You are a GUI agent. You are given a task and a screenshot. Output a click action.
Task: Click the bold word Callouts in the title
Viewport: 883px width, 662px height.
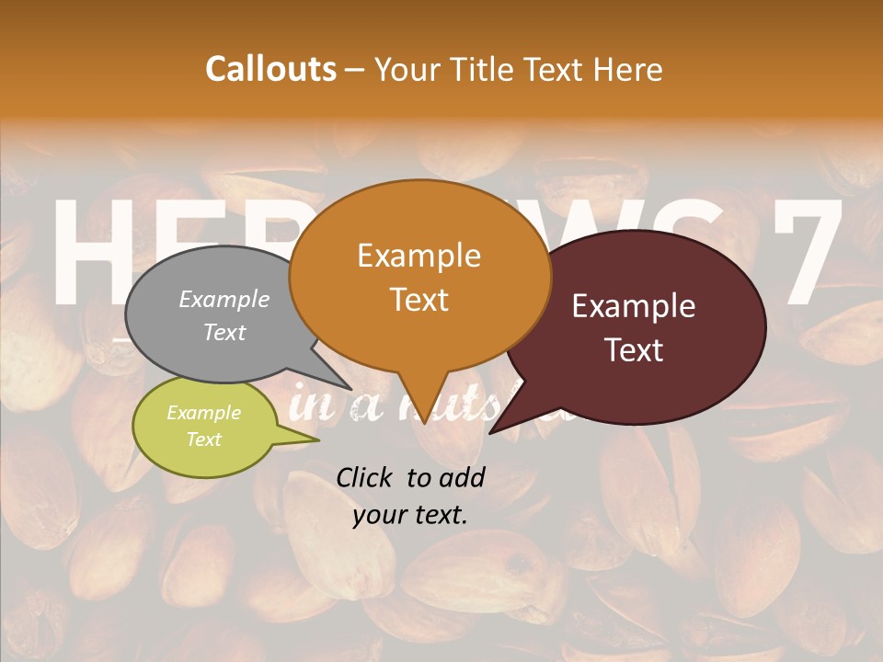pos(270,69)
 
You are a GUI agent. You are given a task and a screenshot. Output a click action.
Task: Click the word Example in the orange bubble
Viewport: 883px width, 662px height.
pos(419,256)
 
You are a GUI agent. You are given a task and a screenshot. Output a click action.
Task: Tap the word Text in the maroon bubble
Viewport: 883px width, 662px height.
pos(635,350)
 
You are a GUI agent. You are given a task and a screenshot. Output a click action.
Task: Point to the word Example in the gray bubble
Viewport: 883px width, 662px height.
pos(224,299)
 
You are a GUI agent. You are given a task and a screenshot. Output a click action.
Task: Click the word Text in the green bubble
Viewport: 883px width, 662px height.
pos(203,439)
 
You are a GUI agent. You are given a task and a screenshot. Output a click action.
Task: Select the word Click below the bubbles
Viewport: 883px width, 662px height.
pos(365,477)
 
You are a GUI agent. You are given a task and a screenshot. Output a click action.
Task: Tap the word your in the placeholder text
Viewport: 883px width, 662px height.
pos(380,516)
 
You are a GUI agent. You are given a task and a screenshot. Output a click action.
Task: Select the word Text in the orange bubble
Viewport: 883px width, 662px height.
pos(419,300)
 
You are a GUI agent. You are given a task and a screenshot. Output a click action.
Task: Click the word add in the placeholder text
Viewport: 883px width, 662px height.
pos(462,477)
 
